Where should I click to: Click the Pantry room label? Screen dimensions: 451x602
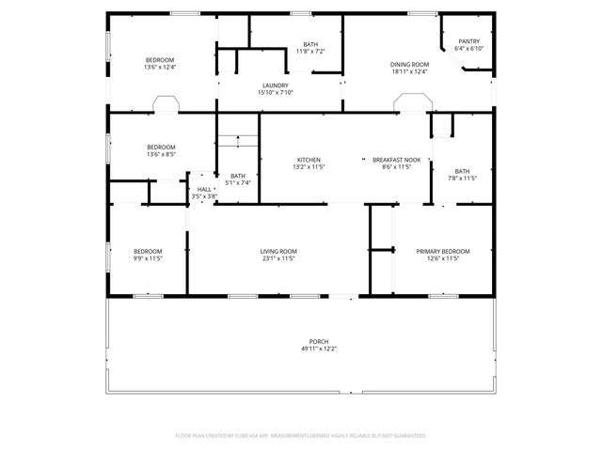tap(468, 41)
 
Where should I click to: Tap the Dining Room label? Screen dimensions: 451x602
tap(409, 64)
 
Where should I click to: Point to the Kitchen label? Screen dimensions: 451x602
tap(309, 160)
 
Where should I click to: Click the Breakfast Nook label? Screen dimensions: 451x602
tap(396, 160)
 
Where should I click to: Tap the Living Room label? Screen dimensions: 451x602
tap(278, 251)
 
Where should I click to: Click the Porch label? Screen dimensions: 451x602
tap(319, 341)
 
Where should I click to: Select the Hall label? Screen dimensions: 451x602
tap(204, 189)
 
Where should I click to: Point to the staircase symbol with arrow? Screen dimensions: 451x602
tap(239, 142)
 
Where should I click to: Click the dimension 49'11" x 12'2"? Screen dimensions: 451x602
tap(319, 349)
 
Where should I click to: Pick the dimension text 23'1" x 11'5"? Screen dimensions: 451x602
tap(278, 258)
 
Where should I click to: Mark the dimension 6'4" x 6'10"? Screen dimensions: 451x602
tap(468, 49)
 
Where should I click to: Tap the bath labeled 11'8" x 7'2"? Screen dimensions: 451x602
tap(310, 47)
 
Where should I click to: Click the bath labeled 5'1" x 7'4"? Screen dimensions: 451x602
tap(238, 179)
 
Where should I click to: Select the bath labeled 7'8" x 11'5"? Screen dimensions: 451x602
tap(462, 174)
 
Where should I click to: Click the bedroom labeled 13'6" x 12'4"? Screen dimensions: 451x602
tap(160, 63)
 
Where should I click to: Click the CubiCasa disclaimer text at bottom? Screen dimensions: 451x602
tap(301, 436)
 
